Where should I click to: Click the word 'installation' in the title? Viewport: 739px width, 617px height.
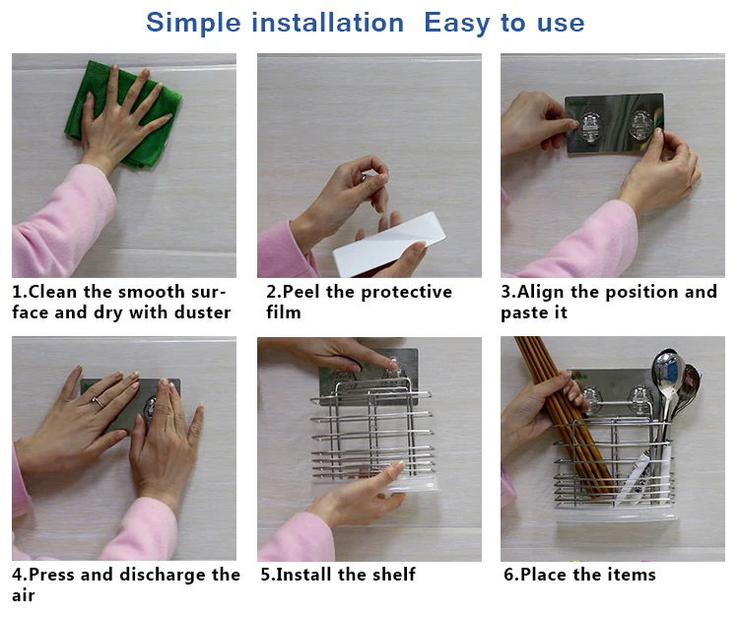pyautogui.click(x=327, y=22)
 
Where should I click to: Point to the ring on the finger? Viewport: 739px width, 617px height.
pyautogui.click(x=98, y=402)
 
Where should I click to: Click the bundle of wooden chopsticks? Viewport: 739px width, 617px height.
pyautogui.click(x=561, y=415)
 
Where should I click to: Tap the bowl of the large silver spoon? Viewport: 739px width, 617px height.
pyautogui.click(x=665, y=372)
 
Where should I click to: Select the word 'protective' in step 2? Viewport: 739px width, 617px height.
pyautogui.click(x=406, y=293)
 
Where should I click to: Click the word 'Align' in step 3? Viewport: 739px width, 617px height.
pyautogui.click(x=541, y=293)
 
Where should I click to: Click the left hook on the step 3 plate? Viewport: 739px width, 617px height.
pyautogui.click(x=589, y=127)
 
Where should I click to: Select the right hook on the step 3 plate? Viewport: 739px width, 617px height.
pyautogui.click(x=641, y=125)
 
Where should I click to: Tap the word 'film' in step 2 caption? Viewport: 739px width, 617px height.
pyautogui.click(x=283, y=312)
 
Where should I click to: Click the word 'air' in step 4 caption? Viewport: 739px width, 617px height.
pyautogui.click(x=23, y=595)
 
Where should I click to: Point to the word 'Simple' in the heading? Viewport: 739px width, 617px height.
pyautogui.click(x=193, y=23)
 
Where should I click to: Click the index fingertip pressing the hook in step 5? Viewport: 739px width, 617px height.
pyautogui.click(x=392, y=363)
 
